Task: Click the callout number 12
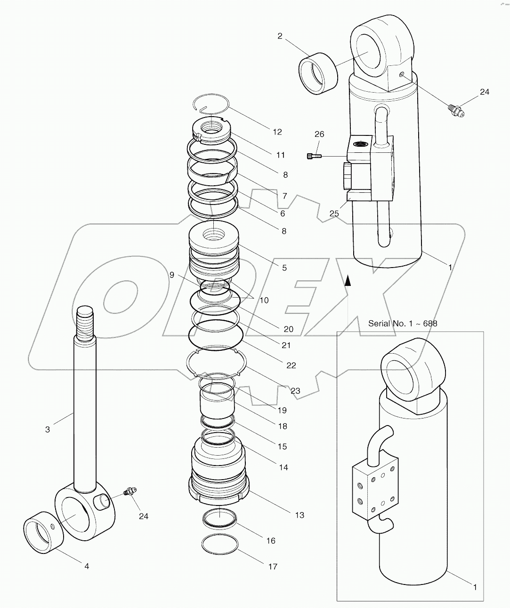click(277, 132)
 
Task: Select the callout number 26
click(319, 134)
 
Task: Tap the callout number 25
click(334, 213)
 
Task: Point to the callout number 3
click(48, 429)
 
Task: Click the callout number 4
click(87, 566)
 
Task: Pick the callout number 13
click(300, 515)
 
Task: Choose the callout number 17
click(273, 567)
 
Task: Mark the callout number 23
click(295, 390)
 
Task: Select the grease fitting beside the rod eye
click(128, 492)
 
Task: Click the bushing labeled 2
click(318, 73)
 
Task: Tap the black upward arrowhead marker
click(348, 281)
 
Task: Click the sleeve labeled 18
click(216, 399)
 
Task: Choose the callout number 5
click(284, 268)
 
